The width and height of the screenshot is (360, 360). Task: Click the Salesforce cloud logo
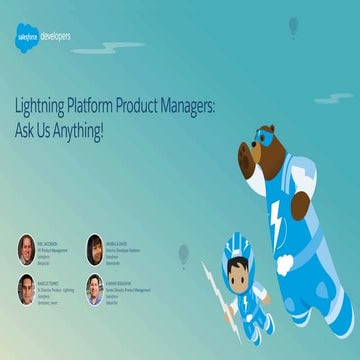click(x=26, y=39)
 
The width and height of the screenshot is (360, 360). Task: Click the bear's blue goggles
click(x=263, y=136)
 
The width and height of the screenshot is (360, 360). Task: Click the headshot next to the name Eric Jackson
click(x=26, y=248)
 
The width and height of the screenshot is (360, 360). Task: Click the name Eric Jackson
click(x=56, y=239)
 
